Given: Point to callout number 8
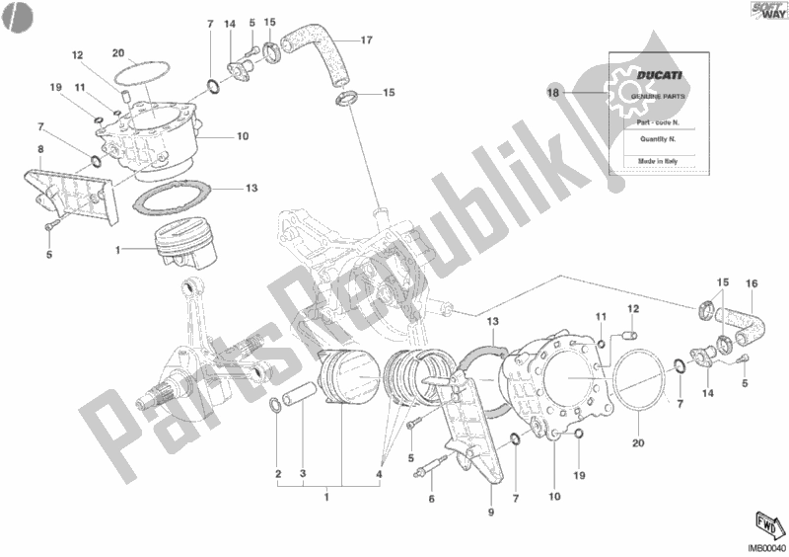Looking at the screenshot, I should point(39,151).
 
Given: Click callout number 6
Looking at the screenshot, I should point(430,501).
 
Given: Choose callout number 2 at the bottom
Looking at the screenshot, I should point(278,473).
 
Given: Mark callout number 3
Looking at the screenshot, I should point(304,473).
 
